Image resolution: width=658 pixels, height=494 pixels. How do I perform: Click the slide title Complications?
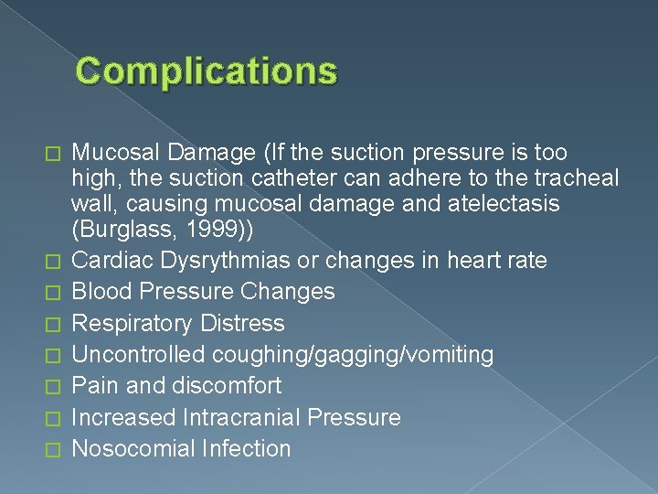click(207, 70)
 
